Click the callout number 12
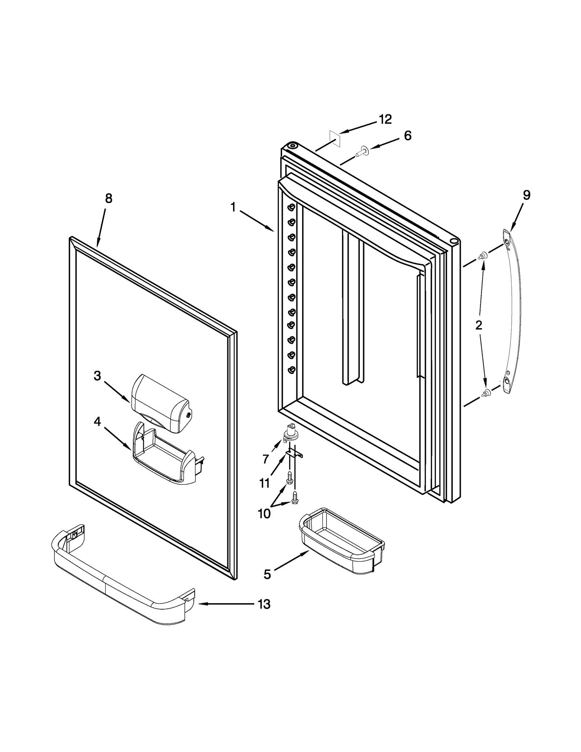[x=385, y=119]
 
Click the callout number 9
[x=527, y=195]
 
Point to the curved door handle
[x=513, y=312]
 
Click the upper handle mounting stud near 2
[x=483, y=255]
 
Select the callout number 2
[x=479, y=325]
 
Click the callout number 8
[x=109, y=198]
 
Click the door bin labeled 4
[x=165, y=454]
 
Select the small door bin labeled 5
[x=341, y=541]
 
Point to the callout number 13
[x=264, y=604]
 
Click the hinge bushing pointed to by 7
[x=289, y=433]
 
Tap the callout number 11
[x=264, y=483]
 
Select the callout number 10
[x=264, y=514]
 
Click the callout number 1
[x=233, y=207]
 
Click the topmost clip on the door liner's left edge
[x=291, y=207]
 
